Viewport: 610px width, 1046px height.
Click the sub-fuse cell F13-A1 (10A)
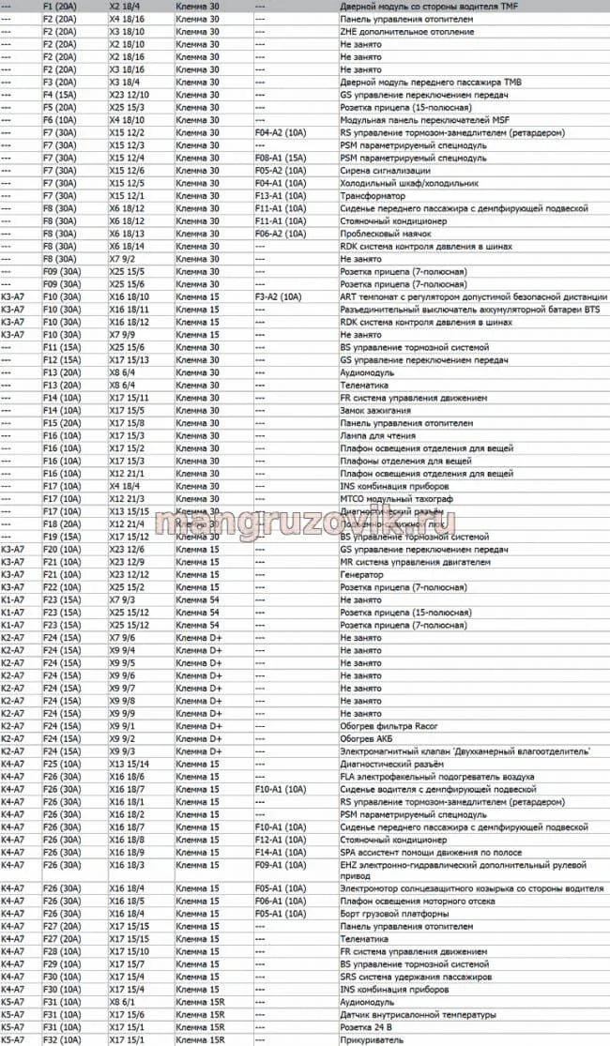pos(278,196)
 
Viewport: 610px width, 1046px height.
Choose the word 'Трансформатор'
pos(372,196)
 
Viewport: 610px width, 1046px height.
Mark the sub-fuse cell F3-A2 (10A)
pos(278,296)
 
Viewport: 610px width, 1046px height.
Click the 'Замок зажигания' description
pos(374,410)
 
